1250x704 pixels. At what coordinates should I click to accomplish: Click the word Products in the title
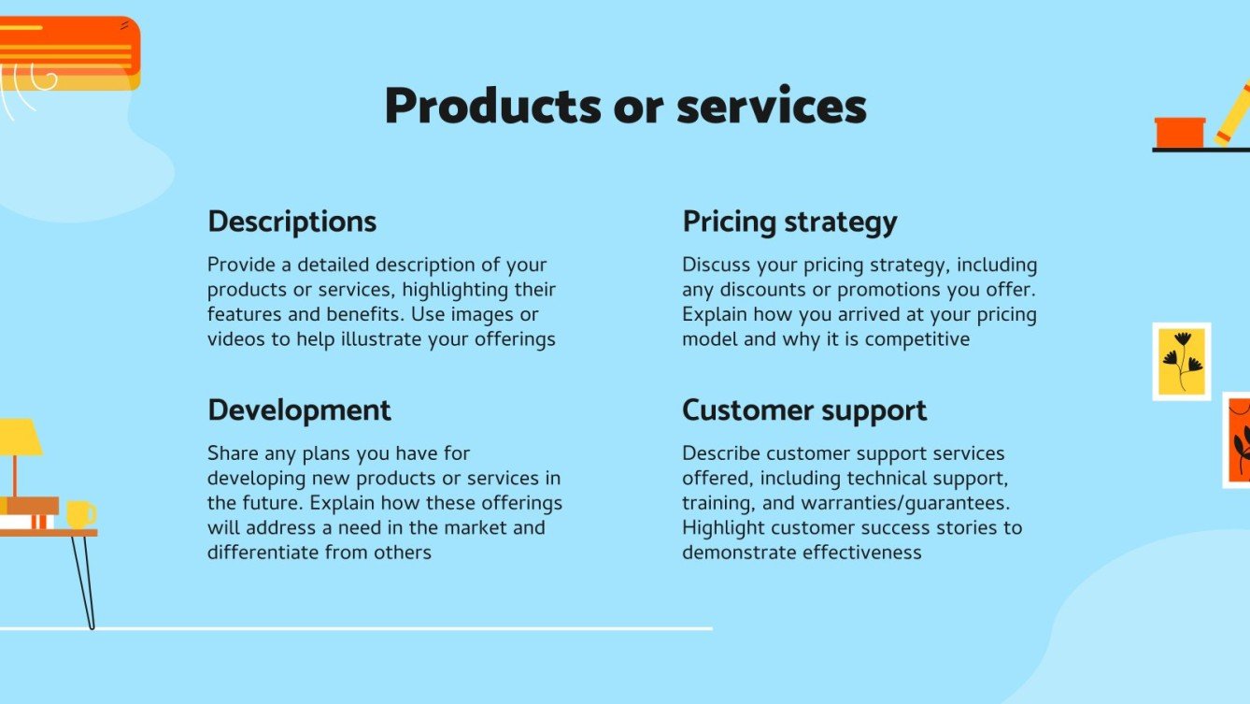(x=491, y=107)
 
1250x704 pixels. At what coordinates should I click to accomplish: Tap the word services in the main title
(x=772, y=107)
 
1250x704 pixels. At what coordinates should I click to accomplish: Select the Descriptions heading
(x=291, y=222)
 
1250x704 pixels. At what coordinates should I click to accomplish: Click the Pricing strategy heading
(x=789, y=222)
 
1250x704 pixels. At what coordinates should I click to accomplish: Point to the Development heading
(x=299, y=410)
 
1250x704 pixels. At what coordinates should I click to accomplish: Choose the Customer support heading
(x=804, y=410)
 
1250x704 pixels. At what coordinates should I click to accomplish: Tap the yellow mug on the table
(x=79, y=514)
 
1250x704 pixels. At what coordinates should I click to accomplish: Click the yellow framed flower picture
(x=1182, y=362)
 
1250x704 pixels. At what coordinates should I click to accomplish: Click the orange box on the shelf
(x=1180, y=132)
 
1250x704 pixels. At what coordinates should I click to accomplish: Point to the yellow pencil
(x=1233, y=114)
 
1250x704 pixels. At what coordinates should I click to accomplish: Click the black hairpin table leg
(x=83, y=580)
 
